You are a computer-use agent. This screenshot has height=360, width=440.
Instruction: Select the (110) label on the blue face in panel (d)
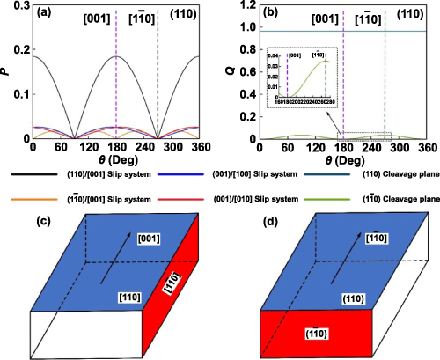tap(361, 298)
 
